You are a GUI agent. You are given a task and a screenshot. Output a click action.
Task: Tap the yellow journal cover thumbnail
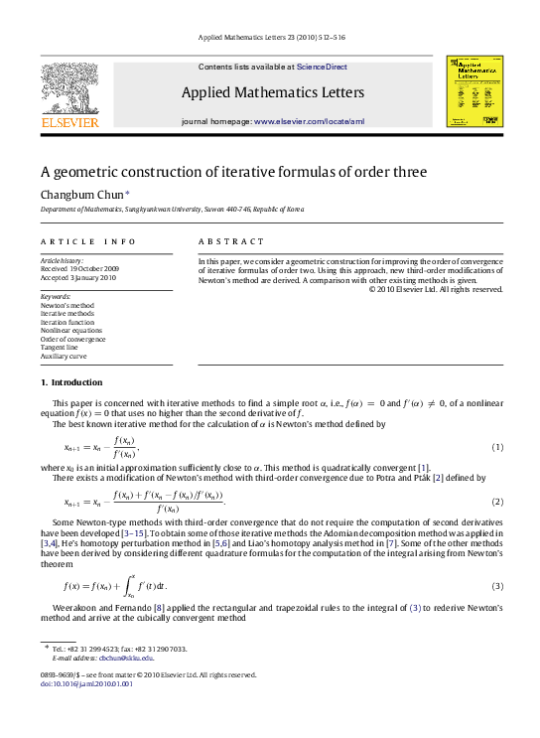click(x=474, y=90)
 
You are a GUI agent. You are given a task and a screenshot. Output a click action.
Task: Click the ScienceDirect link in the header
click(x=322, y=67)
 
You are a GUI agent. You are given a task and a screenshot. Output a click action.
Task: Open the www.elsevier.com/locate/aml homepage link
click(x=310, y=120)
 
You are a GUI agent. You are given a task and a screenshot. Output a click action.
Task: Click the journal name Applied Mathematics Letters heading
click(x=273, y=93)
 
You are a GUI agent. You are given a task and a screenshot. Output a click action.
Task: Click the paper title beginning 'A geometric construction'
click(x=233, y=172)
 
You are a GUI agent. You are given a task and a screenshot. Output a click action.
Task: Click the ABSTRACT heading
click(x=231, y=241)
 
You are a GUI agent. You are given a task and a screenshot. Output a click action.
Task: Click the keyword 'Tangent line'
click(x=63, y=347)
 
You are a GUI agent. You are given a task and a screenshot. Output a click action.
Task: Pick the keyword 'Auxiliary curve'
click(x=64, y=356)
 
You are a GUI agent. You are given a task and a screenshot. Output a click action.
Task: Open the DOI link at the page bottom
click(x=79, y=683)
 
